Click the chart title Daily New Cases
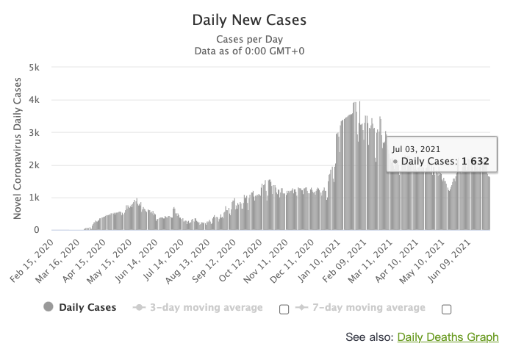point(249,20)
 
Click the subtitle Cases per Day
point(249,39)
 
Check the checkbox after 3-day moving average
point(284,309)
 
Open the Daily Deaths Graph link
point(448,337)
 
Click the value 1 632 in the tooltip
point(475,161)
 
